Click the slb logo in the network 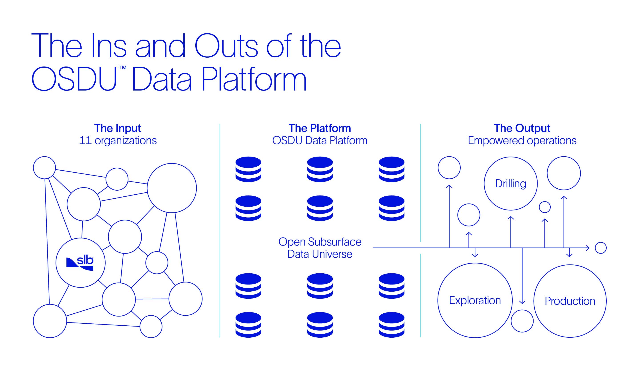(x=80, y=264)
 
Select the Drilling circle (x=511, y=157)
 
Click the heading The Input (x=118, y=128)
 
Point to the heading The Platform (x=320, y=128)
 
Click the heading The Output (x=522, y=128)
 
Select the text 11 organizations (x=118, y=141)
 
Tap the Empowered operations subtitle (x=522, y=141)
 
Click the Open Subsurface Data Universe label (x=320, y=248)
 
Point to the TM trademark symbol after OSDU (x=122, y=68)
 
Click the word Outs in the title (x=226, y=46)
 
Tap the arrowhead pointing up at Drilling (x=511, y=218)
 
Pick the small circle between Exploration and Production (x=522, y=310)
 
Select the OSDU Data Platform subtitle (x=320, y=141)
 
